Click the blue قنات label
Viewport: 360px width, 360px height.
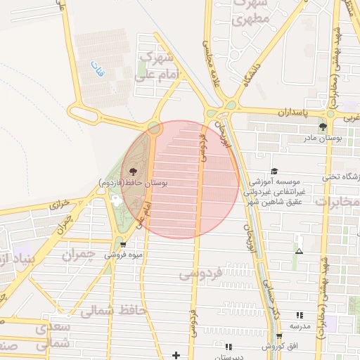coord(96,70)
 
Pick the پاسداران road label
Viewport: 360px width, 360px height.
coord(293,112)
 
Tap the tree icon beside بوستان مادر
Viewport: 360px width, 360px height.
coord(323,127)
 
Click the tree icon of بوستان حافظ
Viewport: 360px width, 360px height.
coord(132,171)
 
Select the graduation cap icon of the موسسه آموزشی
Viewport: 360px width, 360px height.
coord(274,171)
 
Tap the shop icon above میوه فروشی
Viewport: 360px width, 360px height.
coord(124,245)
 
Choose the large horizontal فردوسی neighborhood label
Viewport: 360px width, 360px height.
coord(220,272)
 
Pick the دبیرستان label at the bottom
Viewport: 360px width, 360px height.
coord(228,357)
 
